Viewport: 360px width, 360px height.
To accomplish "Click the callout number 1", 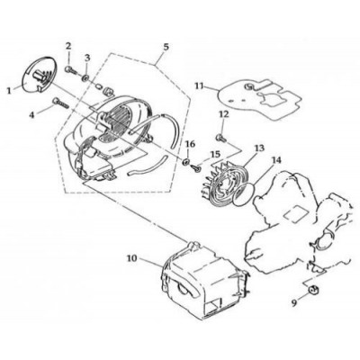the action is (9, 90).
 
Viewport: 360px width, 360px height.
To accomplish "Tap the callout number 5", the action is (166, 47).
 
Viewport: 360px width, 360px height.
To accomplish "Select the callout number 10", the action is (131, 258).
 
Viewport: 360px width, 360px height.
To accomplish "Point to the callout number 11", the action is (199, 85).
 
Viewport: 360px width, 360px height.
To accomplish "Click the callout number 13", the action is (259, 148).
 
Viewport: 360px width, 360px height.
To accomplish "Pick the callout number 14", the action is (276, 160).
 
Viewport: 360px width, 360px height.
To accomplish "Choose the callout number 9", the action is (294, 303).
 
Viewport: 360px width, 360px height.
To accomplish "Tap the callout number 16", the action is (190, 144).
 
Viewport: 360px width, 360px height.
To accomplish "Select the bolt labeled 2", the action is (70, 70).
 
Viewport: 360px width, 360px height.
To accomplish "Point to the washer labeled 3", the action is (85, 78).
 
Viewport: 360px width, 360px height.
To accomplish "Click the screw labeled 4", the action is (61, 103).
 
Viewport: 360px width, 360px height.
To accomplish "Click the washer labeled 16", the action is (185, 162).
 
